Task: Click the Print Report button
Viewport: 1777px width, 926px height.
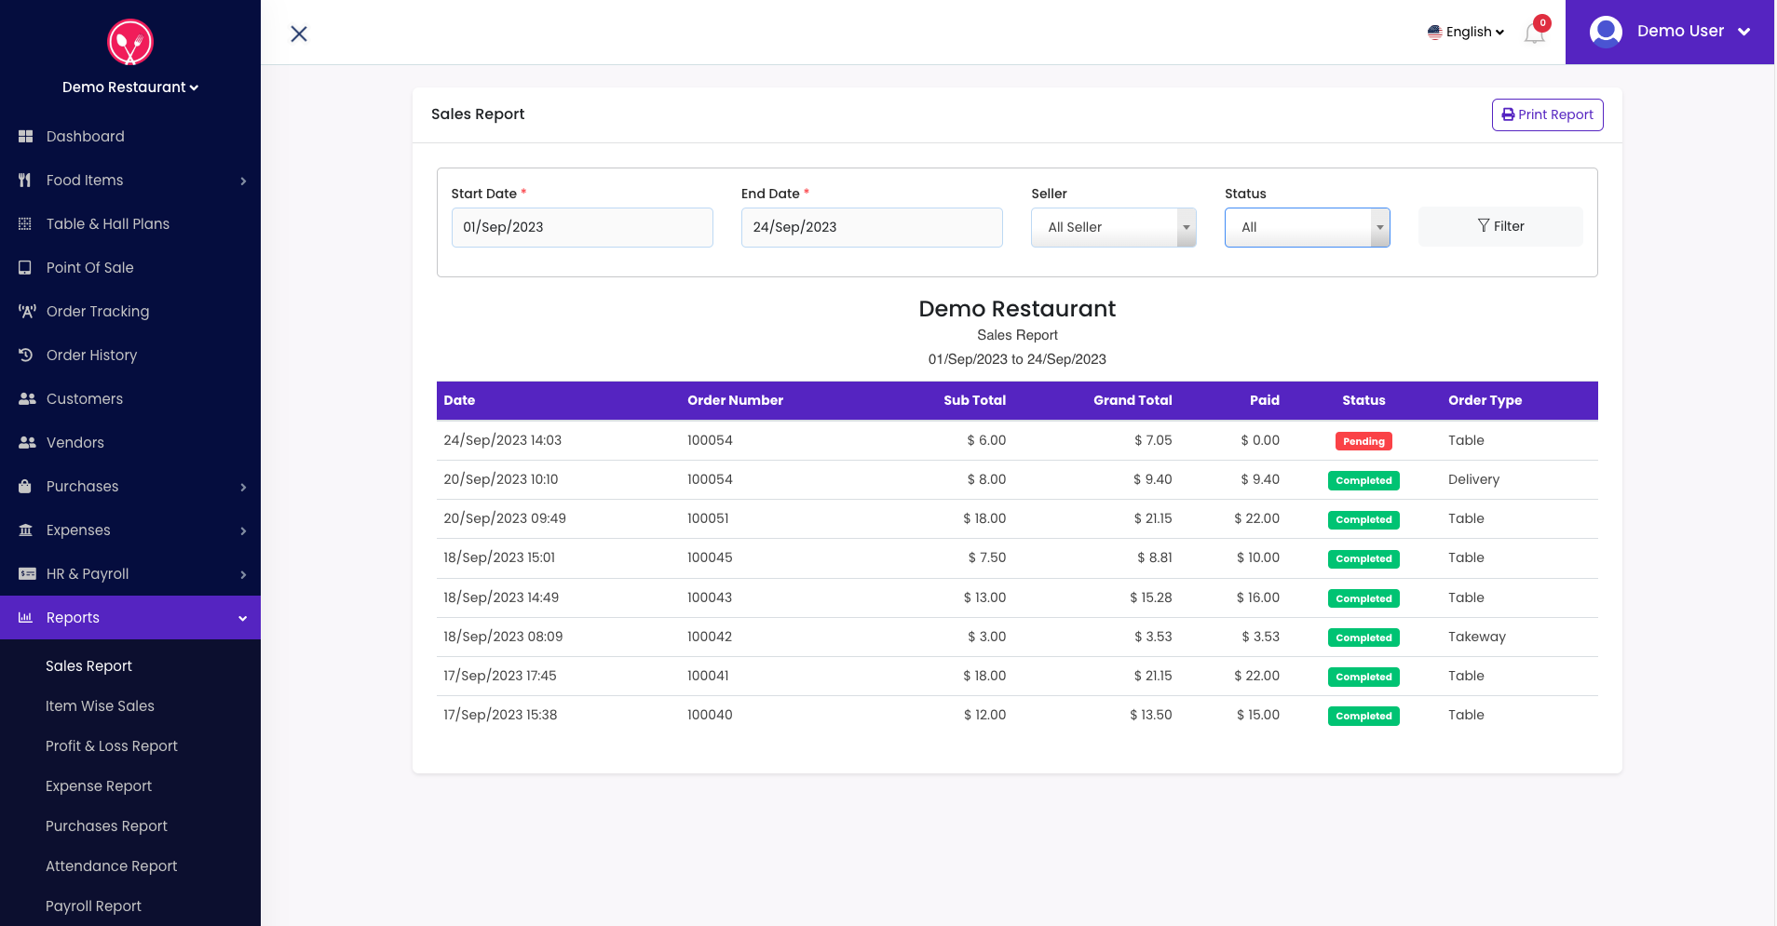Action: (x=1547, y=114)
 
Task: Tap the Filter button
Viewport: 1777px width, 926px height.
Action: (x=1499, y=226)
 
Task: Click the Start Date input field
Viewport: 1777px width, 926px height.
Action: (x=582, y=227)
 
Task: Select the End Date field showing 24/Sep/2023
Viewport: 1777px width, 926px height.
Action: (x=871, y=227)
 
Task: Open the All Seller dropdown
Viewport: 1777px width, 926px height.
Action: (x=1113, y=227)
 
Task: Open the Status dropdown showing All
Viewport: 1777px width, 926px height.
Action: (x=1306, y=227)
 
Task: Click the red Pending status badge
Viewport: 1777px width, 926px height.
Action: (x=1363, y=441)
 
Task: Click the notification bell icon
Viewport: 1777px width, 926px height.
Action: (x=1534, y=34)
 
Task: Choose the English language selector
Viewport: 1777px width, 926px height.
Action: (x=1466, y=32)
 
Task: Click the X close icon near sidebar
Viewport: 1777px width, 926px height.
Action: (x=299, y=34)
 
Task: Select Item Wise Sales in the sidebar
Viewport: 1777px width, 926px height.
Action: (x=100, y=706)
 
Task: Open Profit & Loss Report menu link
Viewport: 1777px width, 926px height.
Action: (x=112, y=746)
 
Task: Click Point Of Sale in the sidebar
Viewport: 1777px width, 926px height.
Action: (x=89, y=268)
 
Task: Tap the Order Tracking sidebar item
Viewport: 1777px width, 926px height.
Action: (x=98, y=312)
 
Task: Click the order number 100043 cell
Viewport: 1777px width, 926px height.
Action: (x=710, y=597)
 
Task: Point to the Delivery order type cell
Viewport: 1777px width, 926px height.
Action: (x=1473, y=479)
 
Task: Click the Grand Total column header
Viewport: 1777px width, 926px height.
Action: (x=1132, y=400)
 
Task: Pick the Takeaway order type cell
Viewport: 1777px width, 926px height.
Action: (x=1476, y=637)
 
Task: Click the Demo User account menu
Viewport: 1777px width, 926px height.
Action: (x=1669, y=32)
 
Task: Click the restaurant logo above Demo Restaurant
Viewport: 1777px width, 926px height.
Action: (x=130, y=42)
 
